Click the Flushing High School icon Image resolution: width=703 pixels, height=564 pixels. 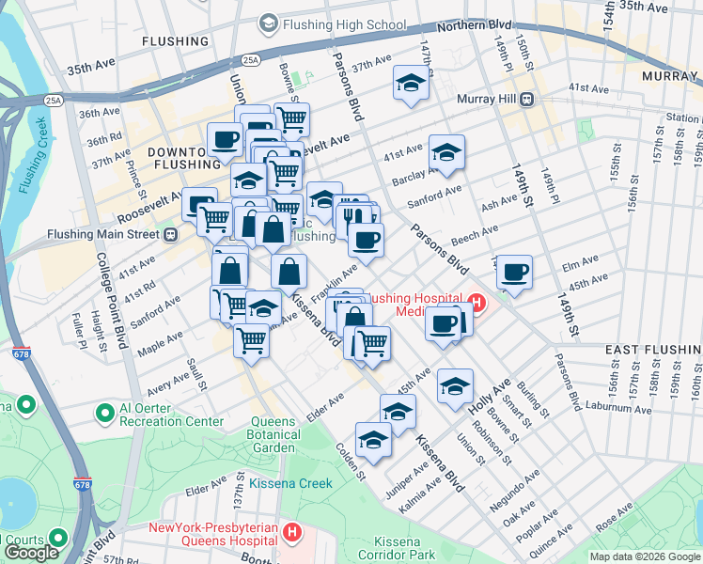click(x=269, y=23)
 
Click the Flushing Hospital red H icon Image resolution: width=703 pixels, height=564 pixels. click(x=476, y=304)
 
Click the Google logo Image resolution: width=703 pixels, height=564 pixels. click(x=31, y=552)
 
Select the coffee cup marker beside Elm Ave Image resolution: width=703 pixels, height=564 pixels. click(x=514, y=273)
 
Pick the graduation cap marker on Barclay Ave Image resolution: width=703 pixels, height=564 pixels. click(x=447, y=152)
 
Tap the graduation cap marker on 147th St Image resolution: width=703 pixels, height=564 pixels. click(x=411, y=83)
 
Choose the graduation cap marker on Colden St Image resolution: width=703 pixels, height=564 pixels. click(x=373, y=440)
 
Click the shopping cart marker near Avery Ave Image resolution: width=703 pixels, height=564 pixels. click(x=251, y=339)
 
